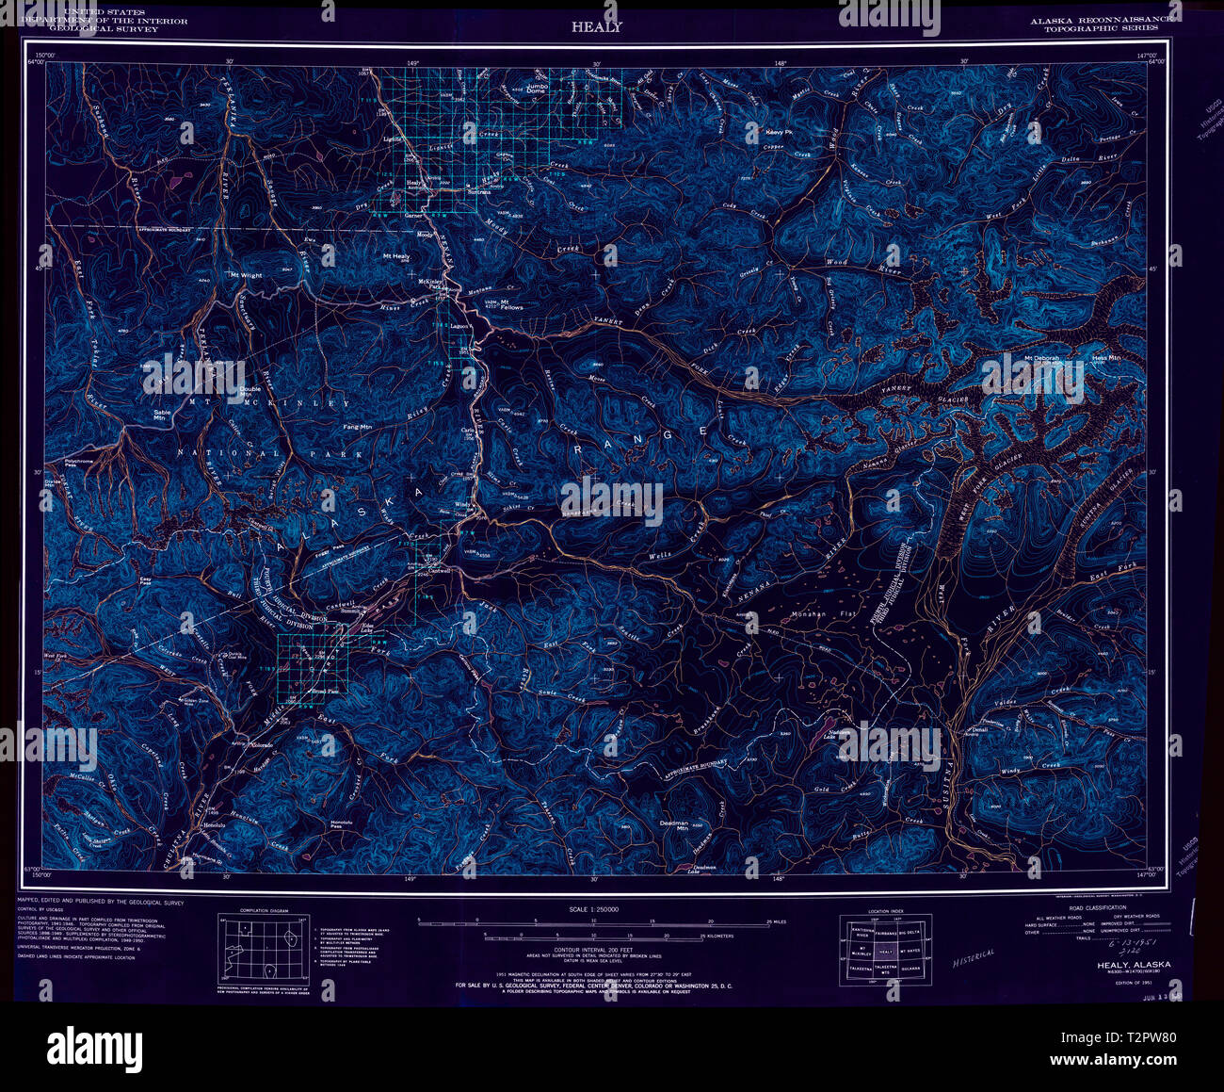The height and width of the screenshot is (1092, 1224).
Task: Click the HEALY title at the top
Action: click(x=596, y=26)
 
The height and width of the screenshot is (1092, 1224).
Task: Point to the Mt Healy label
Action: click(x=395, y=256)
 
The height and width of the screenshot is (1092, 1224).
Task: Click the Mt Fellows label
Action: click(x=512, y=307)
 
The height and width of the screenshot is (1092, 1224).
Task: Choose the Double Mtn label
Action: click(x=250, y=392)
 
